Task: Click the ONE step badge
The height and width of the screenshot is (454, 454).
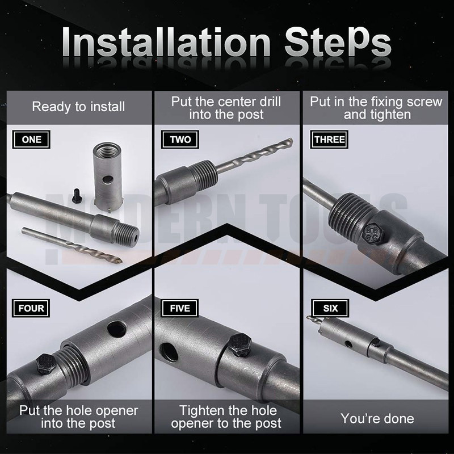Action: click(x=31, y=139)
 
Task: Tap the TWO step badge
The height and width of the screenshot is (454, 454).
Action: click(x=180, y=139)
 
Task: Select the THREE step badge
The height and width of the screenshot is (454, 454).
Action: click(x=329, y=139)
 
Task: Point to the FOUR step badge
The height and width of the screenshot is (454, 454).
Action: click(x=31, y=308)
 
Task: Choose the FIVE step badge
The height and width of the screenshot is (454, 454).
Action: click(x=180, y=308)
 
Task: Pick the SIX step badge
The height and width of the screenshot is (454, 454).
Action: click(x=330, y=308)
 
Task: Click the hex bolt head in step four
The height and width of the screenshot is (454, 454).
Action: click(x=46, y=363)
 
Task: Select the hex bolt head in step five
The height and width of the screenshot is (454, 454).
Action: click(x=241, y=345)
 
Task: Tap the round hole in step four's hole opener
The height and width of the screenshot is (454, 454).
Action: click(x=117, y=329)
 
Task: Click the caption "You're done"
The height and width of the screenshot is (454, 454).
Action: click(x=377, y=418)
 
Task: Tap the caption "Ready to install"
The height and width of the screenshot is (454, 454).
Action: click(x=78, y=107)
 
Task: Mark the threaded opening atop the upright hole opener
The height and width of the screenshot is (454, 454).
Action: click(x=107, y=150)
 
